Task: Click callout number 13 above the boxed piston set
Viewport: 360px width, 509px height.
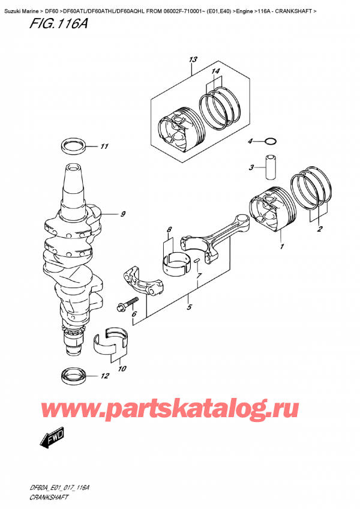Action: (x=193, y=59)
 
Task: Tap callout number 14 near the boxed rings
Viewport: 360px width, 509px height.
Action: (x=215, y=71)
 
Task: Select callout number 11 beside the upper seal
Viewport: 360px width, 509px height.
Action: (x=104, y=146)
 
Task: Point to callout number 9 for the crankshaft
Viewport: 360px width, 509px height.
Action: (x=122, y=214)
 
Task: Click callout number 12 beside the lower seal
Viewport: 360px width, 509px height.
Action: (x=104, y=376)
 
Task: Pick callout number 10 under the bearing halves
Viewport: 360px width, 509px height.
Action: (x=122, y=369)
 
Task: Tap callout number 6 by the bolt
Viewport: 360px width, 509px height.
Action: (x=134, y=314)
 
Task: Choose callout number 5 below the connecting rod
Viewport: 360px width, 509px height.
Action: (x=190, y=307)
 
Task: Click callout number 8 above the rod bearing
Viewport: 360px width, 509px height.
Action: (x=169, y=230)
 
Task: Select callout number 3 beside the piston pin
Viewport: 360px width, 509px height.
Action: (x=251, y=167)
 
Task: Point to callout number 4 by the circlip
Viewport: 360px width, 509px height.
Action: (x=250, y=141)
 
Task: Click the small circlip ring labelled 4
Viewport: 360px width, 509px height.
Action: (x=271, y=141)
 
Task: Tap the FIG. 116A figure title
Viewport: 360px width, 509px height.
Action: (x=58, y=23)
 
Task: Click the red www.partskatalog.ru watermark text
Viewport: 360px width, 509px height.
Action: (x=169, y=410)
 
